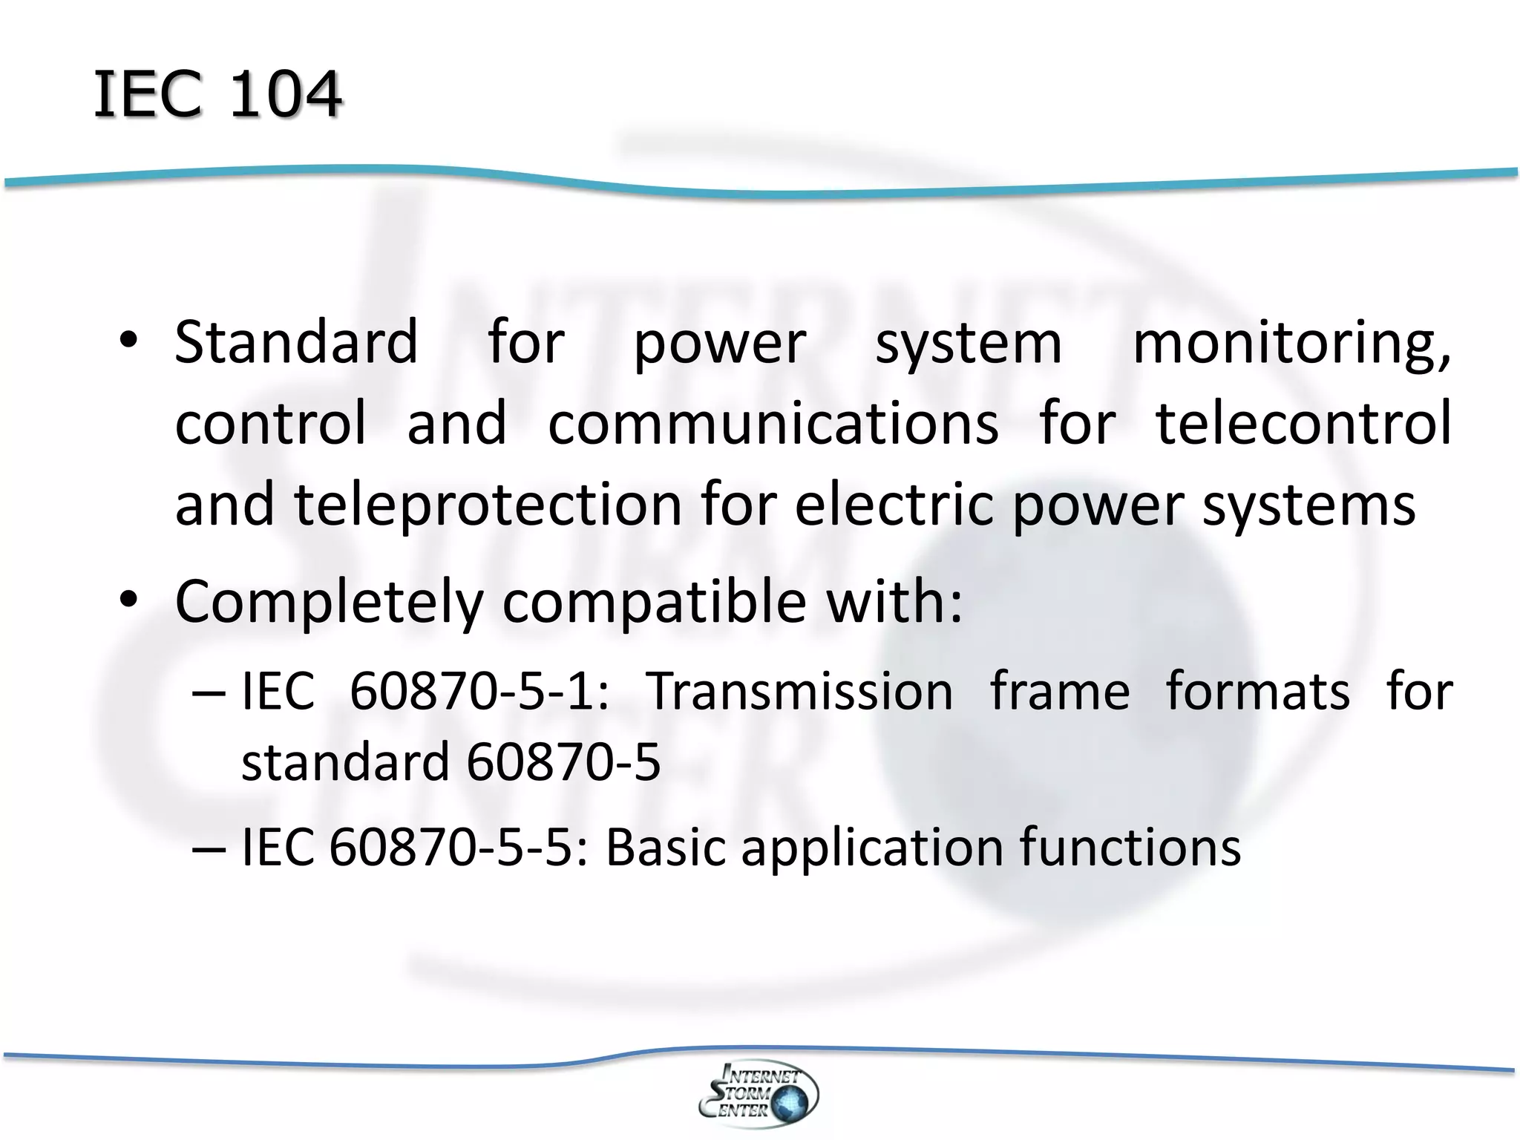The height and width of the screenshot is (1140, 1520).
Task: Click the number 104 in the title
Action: tap(285, 94)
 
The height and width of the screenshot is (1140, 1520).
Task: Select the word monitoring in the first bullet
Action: tap(1291, 343)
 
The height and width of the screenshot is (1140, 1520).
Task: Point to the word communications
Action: tap(773, 423)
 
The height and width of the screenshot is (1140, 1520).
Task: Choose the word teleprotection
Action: tap(488, 505)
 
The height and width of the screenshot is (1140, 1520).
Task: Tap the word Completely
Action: tap(329, 603)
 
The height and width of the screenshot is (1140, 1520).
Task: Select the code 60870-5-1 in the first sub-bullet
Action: tap(479, 692)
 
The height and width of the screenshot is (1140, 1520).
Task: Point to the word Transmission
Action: tap(800, 692)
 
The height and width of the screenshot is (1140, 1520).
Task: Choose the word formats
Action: tap(1258, 692)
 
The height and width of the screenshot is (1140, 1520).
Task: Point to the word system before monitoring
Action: tap(969, 344)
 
